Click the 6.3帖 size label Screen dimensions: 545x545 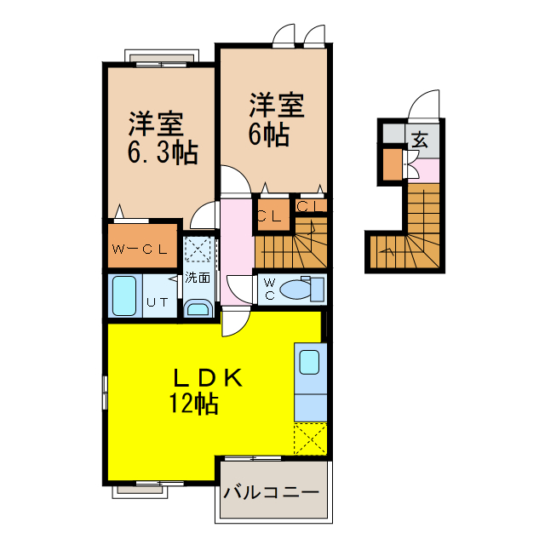[x=163, y=153]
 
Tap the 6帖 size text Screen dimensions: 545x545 [x=267, y=135]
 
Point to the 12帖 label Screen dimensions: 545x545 [x=193, y=403]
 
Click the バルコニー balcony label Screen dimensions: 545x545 [x=272, y=493]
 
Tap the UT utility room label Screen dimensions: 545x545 [x=157, y=301]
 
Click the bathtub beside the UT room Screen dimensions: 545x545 [x=124, y=296]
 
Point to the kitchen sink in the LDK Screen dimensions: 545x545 [x=308, y=361]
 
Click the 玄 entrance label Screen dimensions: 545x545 [x=421, y=140]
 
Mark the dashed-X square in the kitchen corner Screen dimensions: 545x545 [x=310, y=439]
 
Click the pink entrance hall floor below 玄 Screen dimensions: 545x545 [x=427, y=169]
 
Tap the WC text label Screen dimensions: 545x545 [x=268, y=288]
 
